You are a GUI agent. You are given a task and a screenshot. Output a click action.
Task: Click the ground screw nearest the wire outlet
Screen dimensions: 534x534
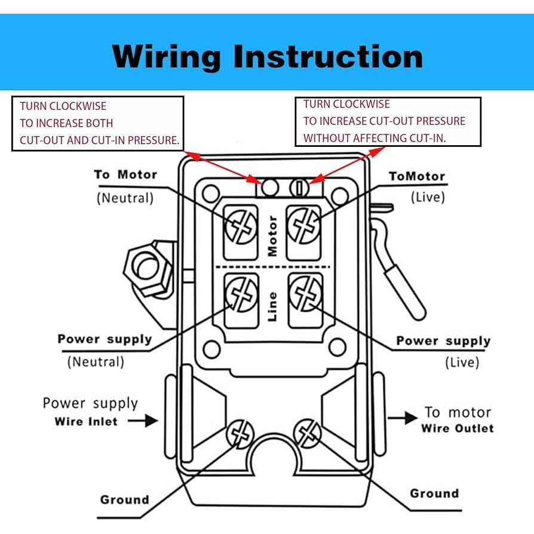point(307,431)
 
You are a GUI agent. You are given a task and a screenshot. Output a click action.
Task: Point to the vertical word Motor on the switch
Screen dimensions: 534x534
point(272,236)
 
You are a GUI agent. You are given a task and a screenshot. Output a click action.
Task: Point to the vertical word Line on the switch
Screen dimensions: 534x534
point(272,306)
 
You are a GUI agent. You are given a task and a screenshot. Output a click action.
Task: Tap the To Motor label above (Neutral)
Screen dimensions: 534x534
point(125,174)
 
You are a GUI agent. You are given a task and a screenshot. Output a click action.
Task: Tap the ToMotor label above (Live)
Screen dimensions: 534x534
point(417,176)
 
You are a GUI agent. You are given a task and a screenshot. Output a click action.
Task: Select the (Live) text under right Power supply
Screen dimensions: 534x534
point(462,362)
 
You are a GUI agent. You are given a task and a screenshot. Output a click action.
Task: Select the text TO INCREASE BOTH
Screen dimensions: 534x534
point(66,124)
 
